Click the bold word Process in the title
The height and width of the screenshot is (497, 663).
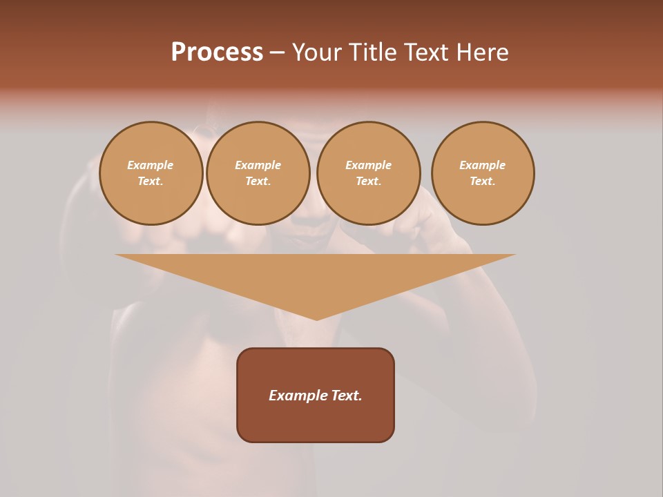tap(217, 52)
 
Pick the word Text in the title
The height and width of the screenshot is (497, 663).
tap(427, 52)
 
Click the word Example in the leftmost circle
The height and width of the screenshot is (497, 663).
tap(151, 165)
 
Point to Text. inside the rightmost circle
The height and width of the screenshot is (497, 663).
tap(483, 182)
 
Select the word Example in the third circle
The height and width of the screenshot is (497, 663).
tap(368, 165)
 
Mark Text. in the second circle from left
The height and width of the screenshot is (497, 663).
tap(258, 182)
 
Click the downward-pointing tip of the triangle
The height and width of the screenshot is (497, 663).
tap(316, 318)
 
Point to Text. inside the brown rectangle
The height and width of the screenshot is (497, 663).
tap(346, 396)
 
